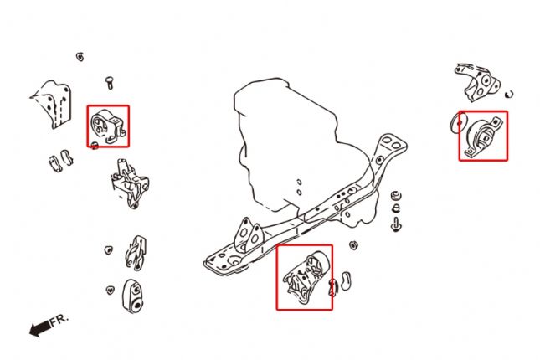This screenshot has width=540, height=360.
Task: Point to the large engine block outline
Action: (285, 134)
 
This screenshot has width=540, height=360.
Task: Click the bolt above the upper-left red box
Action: (108, 81)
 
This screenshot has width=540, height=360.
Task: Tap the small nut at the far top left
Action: (79, 57)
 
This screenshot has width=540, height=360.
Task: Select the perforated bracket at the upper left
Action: (54, 105)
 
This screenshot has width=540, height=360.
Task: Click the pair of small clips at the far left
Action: (57, 160)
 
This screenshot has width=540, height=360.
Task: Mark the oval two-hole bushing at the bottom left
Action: (132, 295)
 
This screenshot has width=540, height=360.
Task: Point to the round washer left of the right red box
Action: (457, 123)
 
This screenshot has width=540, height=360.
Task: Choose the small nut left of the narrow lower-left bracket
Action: (108, 249)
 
